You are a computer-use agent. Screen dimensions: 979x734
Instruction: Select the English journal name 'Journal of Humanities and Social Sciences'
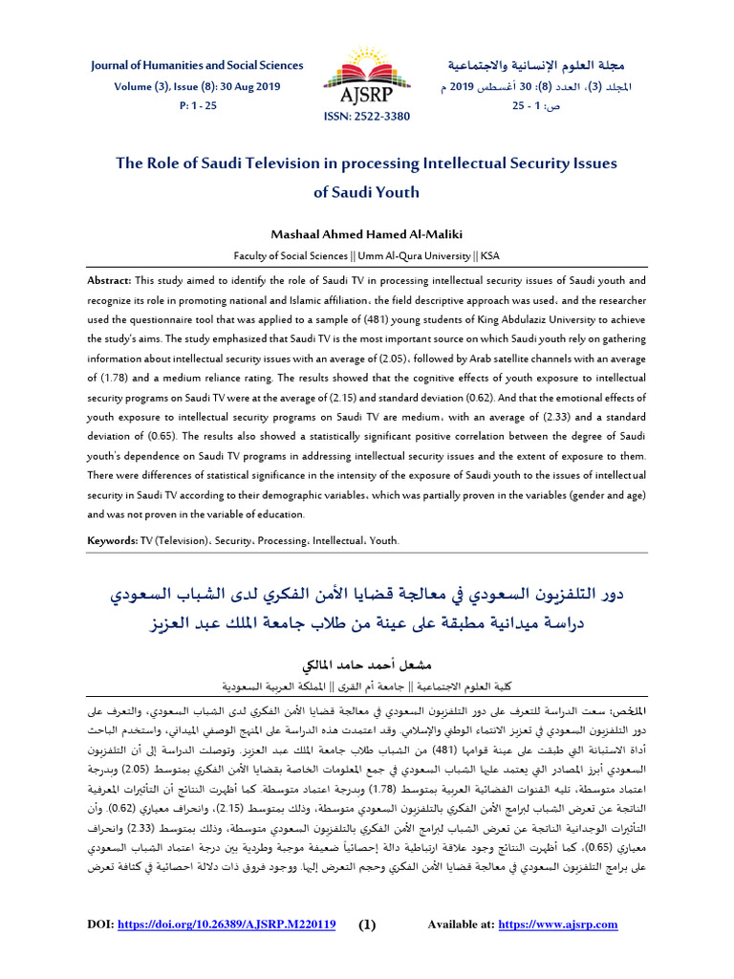coord(196,65)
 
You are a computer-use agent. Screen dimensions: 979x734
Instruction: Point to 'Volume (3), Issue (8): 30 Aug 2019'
coord(196,85)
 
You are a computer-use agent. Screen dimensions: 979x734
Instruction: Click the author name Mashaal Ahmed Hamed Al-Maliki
coord(366,234)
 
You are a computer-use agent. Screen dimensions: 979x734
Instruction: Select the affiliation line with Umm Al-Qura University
coord(366,256)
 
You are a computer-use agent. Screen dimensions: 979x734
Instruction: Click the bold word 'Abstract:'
coord(110,281)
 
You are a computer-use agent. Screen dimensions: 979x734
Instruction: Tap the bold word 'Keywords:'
coord(113,540)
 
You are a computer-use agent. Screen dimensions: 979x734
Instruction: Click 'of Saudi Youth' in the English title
coord(366,191)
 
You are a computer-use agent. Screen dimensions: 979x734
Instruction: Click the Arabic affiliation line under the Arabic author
coord(366,686)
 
